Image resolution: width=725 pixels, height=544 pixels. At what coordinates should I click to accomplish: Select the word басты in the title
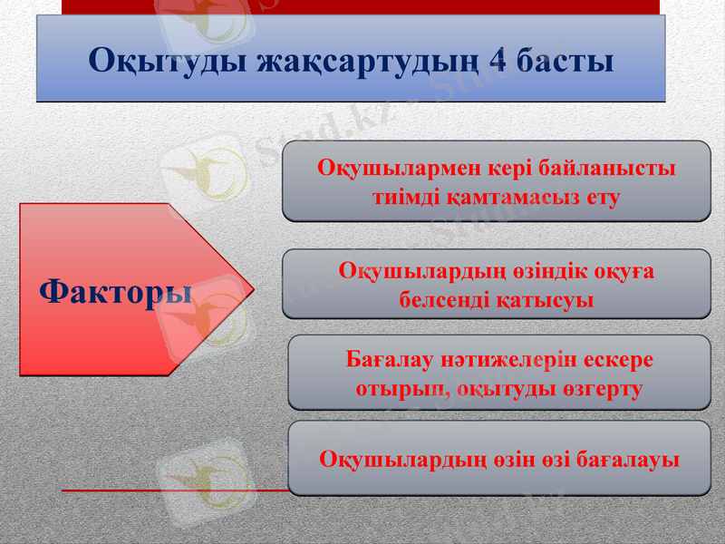coord(565,61)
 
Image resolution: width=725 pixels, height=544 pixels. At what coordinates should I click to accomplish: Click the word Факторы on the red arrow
coord(116,291)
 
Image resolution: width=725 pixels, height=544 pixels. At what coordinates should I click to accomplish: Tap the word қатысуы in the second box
coord(546,298)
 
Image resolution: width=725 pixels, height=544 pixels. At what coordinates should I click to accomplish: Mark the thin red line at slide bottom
coord(172,491)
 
